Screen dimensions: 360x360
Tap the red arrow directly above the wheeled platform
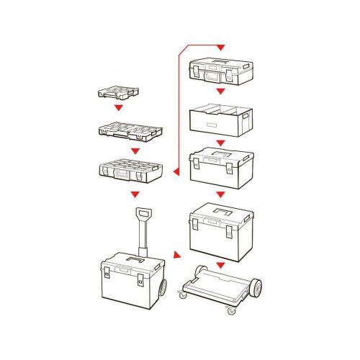pyautogui.click(x=220, y=265)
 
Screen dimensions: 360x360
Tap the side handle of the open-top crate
pyautogui.click(x=248, y=115)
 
